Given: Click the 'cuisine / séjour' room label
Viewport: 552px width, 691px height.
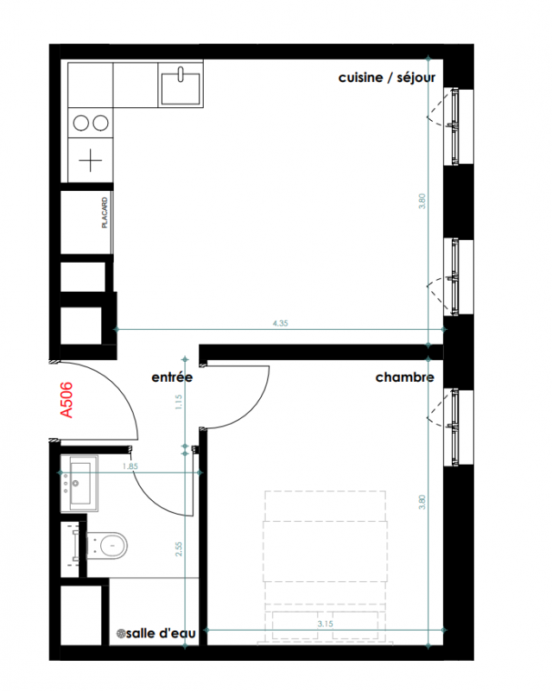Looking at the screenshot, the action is [387, 78].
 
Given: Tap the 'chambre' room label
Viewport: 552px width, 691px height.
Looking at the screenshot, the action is [405, 377].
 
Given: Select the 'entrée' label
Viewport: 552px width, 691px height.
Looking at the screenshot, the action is [172, 377].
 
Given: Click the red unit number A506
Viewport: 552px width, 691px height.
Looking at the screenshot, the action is [67, 400].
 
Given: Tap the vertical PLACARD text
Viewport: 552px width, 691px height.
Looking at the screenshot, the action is [105, 212].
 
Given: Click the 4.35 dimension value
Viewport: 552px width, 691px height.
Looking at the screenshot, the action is [281, 323].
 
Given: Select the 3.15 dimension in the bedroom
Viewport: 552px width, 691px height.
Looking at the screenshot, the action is [325, 624].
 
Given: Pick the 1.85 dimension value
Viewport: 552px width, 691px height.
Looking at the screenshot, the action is [130, 466].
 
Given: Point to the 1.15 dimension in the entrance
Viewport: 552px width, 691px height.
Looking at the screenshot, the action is [179, 402].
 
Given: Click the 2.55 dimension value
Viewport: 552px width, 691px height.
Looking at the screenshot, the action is [179, 548].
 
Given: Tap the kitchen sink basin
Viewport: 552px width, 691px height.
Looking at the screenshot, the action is [181, 89].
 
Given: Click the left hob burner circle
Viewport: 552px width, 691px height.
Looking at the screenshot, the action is [81, 123].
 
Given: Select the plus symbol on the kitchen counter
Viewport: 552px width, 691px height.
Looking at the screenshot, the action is [91, 161].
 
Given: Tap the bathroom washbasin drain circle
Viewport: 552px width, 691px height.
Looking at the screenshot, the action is [75, 484].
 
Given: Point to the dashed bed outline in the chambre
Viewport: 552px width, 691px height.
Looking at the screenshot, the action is [326, 491].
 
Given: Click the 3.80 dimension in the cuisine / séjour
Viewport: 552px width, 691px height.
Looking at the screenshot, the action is [422, 201].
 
